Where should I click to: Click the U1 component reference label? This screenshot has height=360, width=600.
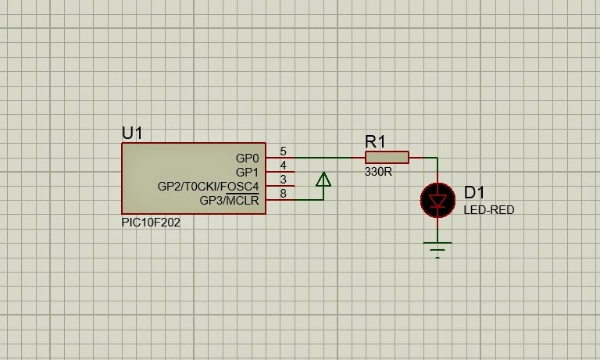coord(133,133)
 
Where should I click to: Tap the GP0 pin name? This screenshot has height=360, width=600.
coord(247,158)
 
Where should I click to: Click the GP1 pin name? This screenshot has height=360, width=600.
coord(247,172)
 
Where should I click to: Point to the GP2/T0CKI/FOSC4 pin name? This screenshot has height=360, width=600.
coord(208,186)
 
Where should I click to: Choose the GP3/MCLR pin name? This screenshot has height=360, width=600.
coord(229,200)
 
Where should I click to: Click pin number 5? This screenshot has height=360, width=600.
coord(283,151)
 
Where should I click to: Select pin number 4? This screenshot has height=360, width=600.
coord(283,166)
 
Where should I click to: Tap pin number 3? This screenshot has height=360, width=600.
coord(283,180)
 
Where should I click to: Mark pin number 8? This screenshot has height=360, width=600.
coord(283,194)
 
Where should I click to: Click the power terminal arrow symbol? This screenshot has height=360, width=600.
coord(323,180)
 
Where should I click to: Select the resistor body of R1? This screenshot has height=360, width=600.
coord(387,158)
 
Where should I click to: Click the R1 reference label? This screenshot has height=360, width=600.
coord(376,141)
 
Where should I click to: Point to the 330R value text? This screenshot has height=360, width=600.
coord(378,173)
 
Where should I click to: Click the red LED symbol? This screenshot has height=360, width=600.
coord(437,200)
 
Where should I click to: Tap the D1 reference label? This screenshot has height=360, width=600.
coord(475,193)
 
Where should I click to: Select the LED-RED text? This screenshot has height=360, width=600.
coord(489,210)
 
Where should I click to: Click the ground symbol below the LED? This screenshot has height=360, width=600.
coord(437,250)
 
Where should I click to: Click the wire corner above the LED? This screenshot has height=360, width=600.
coord(437,158)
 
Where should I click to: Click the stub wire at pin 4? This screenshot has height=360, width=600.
coord(280,172)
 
